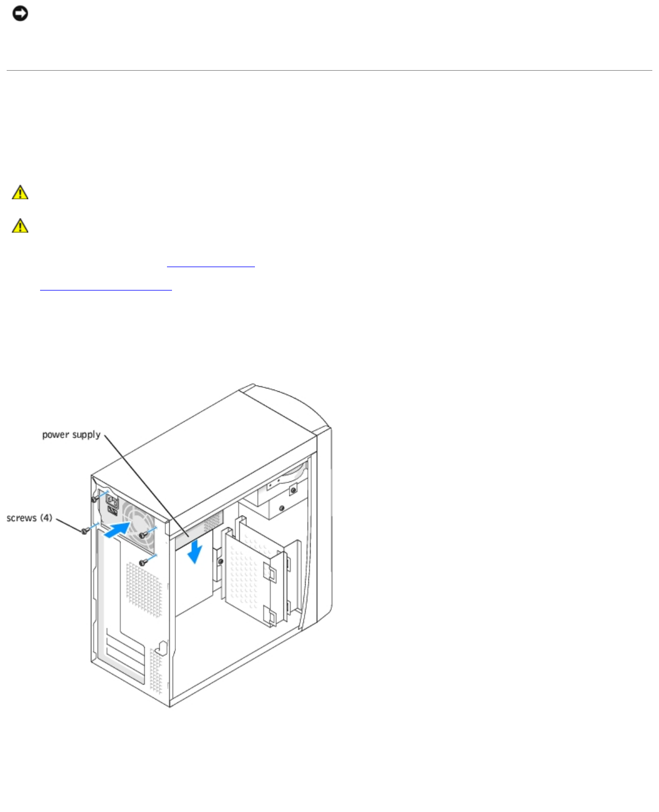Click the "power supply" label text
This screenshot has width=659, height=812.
(71, 435)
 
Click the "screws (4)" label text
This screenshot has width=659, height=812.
(29, 518)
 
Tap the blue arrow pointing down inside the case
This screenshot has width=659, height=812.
(194, 552)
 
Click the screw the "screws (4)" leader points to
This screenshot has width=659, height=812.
(85, 531)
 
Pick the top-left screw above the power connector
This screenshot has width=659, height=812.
(95, 498)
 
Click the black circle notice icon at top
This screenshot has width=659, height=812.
(20, 13)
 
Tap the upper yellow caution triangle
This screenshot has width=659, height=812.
(20, 193)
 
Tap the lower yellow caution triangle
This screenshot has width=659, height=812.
(20, 225)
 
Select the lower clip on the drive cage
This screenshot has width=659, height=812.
(271, 616)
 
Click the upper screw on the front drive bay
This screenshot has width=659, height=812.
(292, 490)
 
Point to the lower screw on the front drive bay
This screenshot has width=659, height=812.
(282, 508)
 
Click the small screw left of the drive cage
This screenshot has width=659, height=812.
(221, 562)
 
